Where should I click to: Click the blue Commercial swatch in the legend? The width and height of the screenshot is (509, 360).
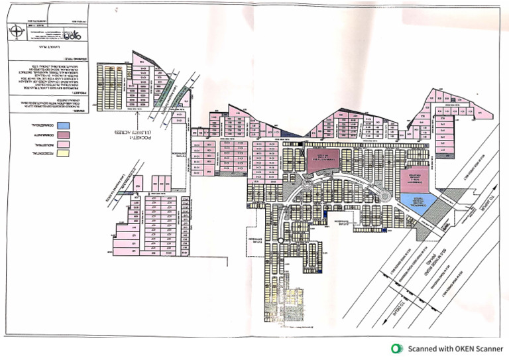(x=64, y=125)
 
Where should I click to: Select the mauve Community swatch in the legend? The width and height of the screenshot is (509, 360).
(x=64, y=135)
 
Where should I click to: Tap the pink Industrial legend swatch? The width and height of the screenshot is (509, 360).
(x=64, y=144)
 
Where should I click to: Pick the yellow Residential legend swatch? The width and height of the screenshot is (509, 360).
(x=64, y=154)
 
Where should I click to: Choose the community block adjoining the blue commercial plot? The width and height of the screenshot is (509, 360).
(x=416, y=180)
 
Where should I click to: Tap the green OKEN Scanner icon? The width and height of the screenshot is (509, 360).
(x=397, y=349)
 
